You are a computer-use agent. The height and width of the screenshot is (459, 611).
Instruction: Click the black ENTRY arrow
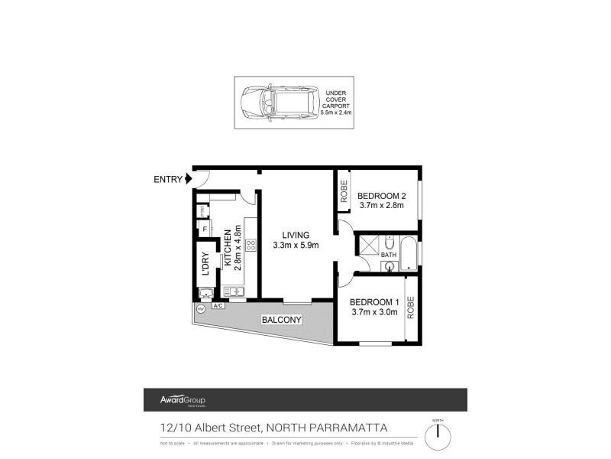(188, 180)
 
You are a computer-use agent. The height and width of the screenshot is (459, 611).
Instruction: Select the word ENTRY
(168, 180)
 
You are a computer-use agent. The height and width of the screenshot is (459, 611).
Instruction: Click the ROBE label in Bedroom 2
(344, 190)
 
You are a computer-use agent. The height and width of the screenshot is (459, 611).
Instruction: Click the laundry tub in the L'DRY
(205, 292)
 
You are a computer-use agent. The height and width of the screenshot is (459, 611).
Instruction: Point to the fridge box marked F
(204, 228)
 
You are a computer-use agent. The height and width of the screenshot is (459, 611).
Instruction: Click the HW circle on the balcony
(200, 309)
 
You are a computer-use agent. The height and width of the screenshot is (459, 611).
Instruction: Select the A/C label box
(218, 306)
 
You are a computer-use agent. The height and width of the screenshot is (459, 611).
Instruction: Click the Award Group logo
(182, 400)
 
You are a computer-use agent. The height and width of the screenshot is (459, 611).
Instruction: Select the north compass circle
(438, 437)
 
